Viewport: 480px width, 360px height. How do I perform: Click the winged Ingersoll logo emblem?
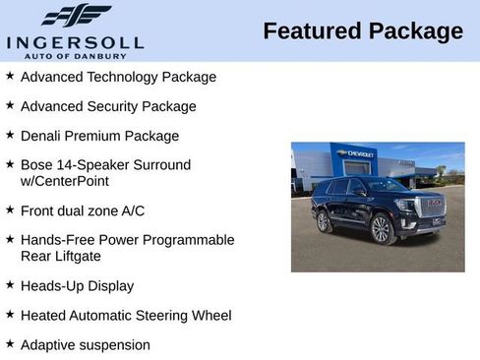(x=76, y=15)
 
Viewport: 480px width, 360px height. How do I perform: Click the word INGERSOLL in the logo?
(x=75, y=42)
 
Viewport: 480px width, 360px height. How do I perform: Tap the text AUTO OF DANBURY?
(x=75, y=56)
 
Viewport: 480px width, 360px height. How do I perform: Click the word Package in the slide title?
(x=415, y=31)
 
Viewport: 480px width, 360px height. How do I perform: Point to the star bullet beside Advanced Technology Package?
(x=10, y=76)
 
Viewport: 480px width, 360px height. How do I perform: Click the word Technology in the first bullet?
(x=118, y=77)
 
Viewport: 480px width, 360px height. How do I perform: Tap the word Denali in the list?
(x=42, y=136)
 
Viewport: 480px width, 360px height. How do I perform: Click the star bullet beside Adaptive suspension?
(x=10, y=344)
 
